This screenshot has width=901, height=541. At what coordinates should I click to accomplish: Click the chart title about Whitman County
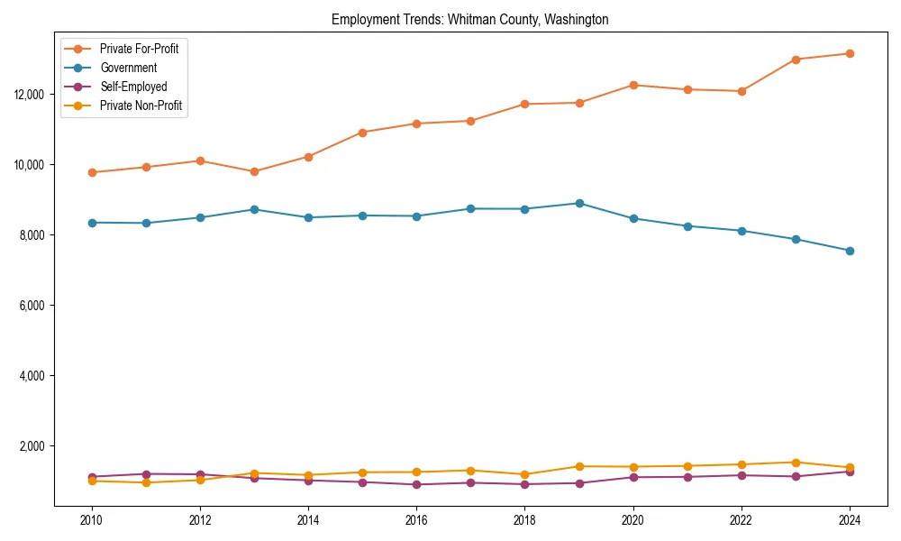469,19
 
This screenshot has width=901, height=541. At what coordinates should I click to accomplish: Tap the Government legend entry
128,68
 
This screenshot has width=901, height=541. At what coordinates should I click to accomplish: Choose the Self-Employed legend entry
133,87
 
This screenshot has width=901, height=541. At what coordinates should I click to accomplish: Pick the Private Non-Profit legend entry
141,105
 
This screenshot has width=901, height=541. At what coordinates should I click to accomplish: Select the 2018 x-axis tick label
524,520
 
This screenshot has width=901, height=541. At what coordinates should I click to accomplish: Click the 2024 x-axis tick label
850,520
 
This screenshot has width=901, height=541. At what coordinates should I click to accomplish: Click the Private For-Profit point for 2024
850,53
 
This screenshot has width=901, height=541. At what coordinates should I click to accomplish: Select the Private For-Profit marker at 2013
254,171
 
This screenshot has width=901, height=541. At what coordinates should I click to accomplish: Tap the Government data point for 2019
579,203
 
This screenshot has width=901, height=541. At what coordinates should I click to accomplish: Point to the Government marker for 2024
850,251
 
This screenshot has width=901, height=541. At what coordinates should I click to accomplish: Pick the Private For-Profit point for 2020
633,85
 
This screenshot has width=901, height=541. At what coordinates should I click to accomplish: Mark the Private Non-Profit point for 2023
796,463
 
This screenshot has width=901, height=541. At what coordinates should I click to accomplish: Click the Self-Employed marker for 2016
416,484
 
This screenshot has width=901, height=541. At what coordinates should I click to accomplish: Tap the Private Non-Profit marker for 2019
579,466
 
